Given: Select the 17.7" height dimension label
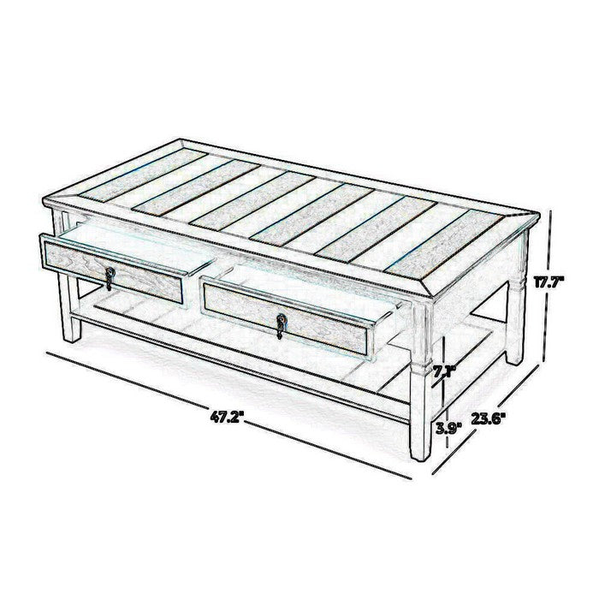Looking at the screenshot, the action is (549, 282).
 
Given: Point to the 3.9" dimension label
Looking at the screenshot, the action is (449, 428).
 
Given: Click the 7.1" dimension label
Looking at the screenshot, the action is (445, 371).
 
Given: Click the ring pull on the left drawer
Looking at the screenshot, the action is (110, 278).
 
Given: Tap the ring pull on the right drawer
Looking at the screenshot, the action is (282, 325).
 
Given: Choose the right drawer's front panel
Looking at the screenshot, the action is (286, 321).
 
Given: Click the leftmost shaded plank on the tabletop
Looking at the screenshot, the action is (143, 175).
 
